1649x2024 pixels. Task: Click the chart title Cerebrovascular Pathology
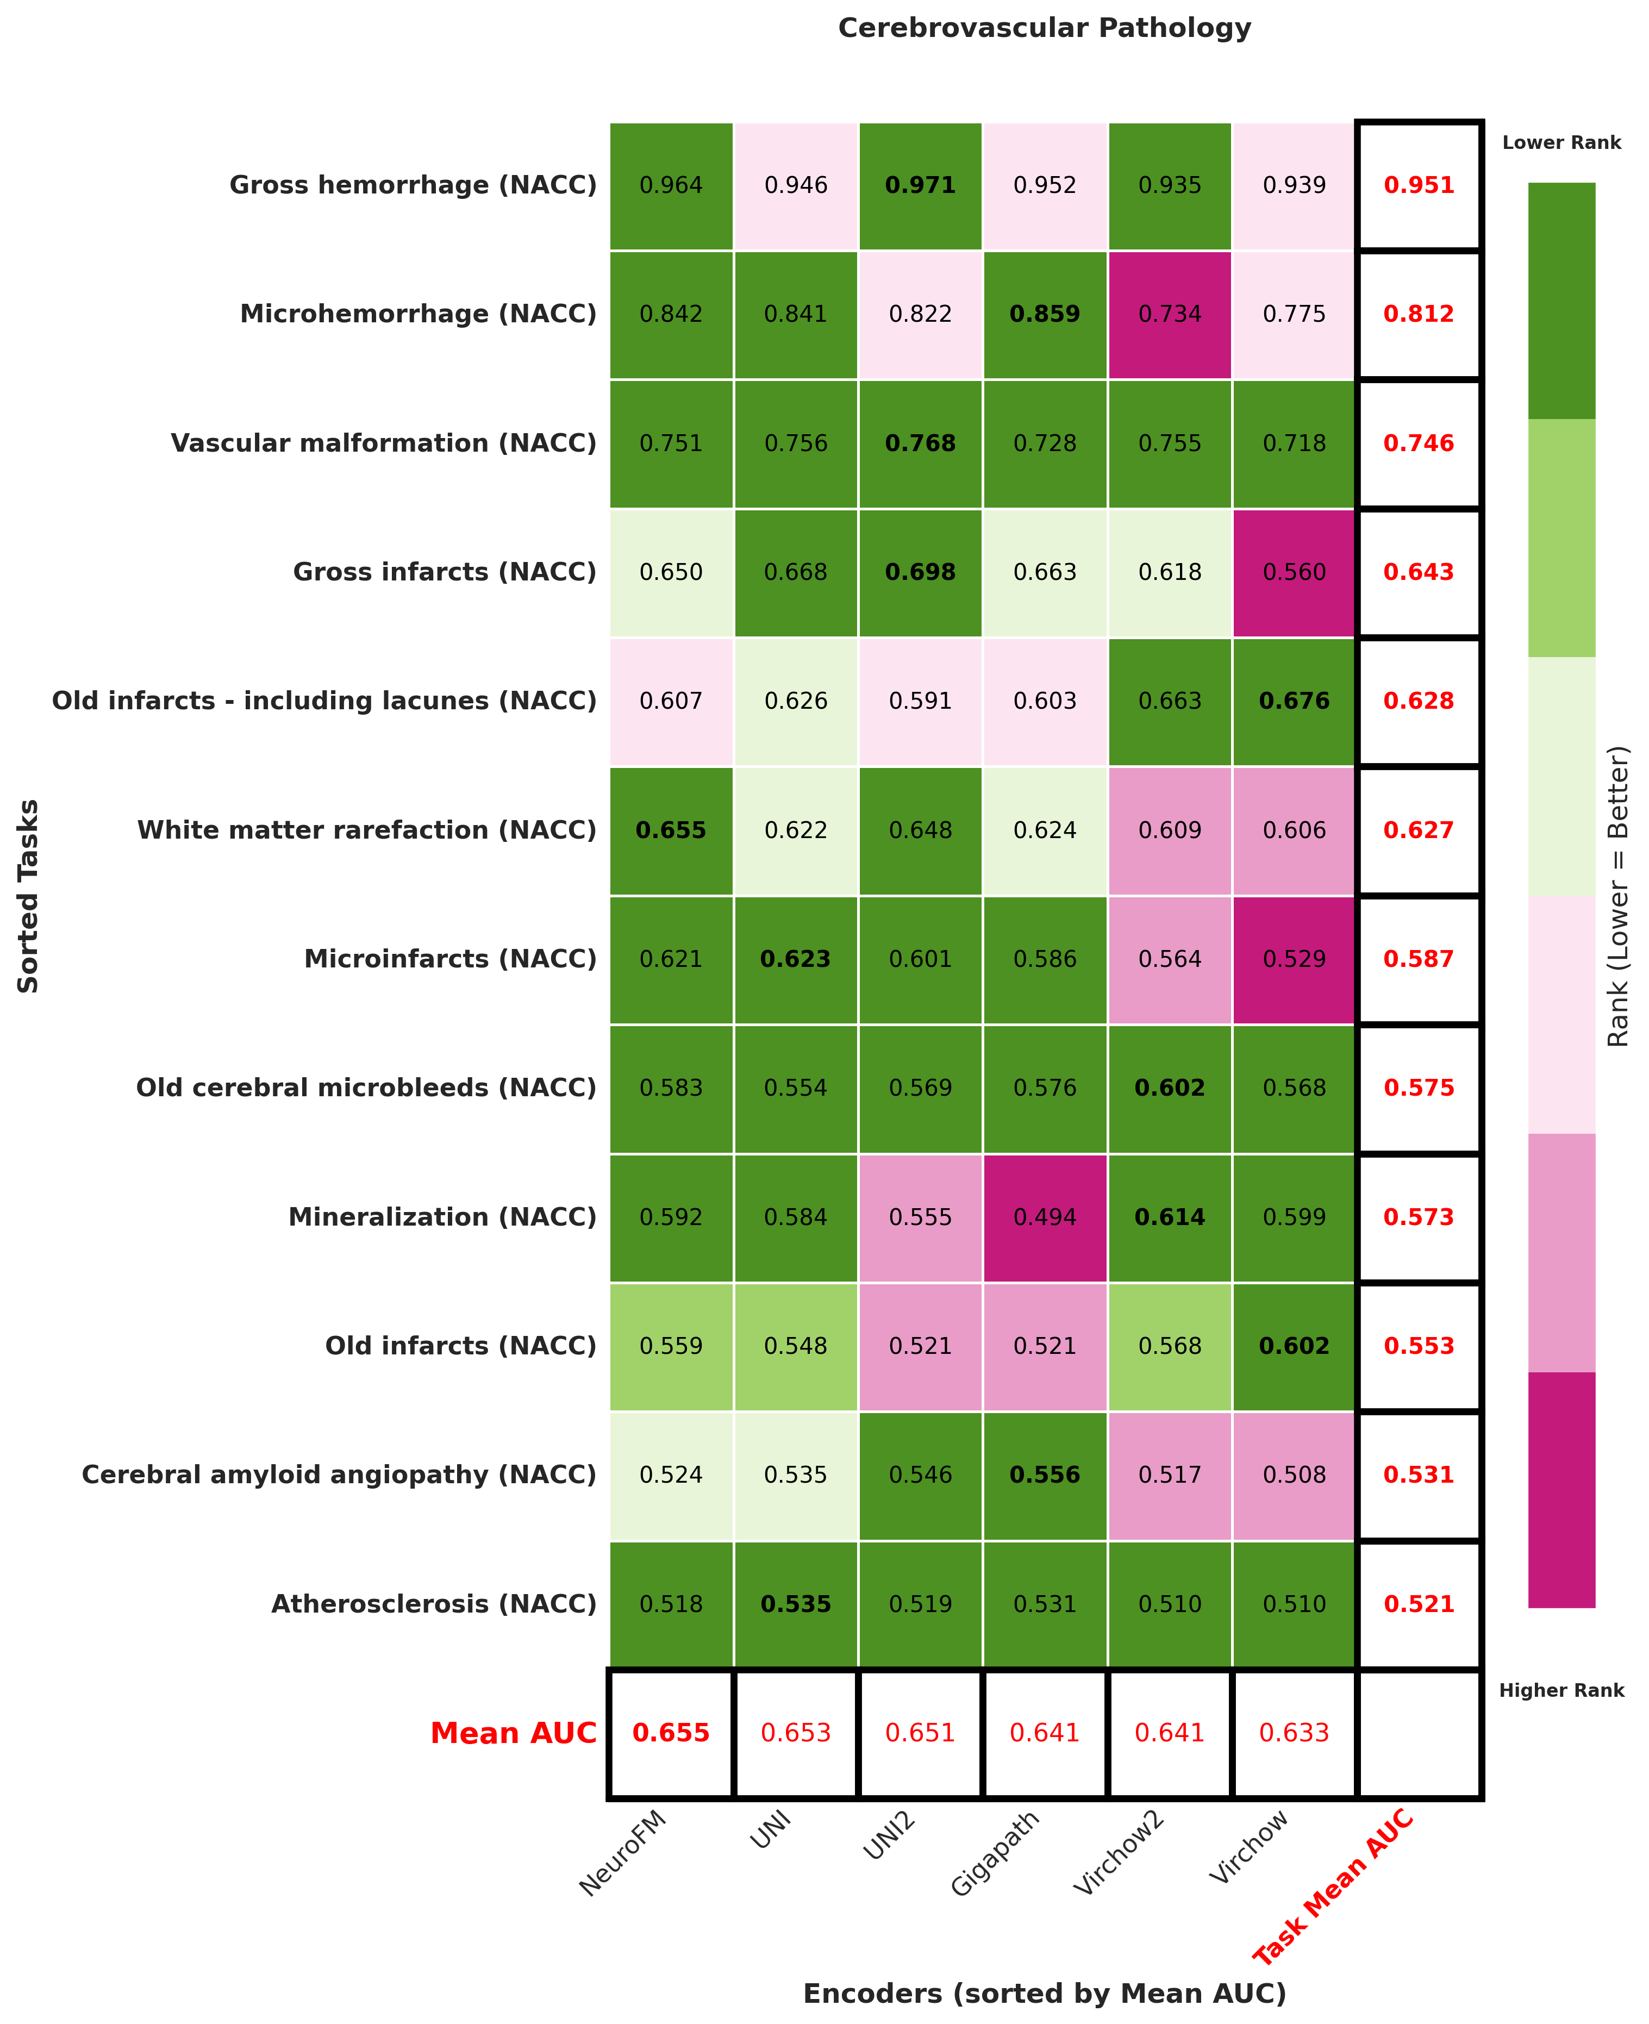[x=1044, y=28]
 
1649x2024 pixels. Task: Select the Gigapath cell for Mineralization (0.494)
[x=1044, y=1217]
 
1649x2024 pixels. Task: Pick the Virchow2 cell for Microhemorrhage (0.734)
[x=1169, y=314]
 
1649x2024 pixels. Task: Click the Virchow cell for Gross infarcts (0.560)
[x=1294, y=572]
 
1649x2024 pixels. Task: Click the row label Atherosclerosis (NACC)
[x=434, y=1604]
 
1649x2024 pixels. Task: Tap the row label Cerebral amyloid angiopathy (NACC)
[x=339, y=1475]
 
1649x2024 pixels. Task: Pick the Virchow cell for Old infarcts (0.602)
[x=1294, y=1346]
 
